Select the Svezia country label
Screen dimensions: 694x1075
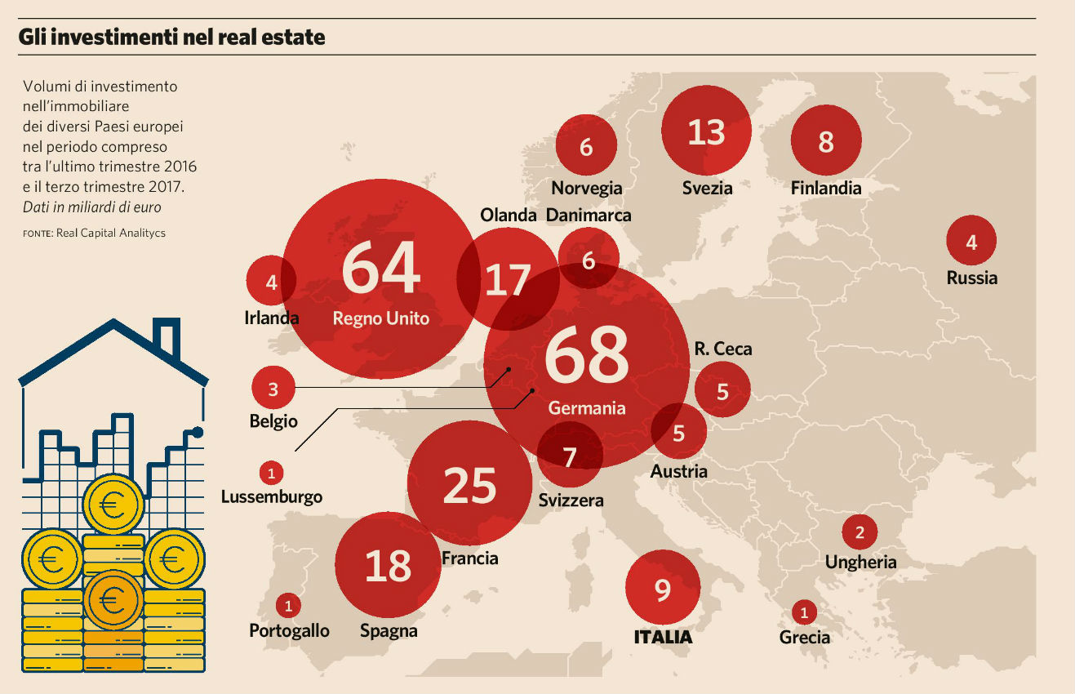click(707, 188)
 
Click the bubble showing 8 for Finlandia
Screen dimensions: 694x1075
click(825, 141)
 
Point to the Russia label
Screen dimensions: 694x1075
click(971, 278)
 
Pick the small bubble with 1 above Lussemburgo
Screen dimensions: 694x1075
click(271, 472)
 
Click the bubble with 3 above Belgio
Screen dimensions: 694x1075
click(273, 389)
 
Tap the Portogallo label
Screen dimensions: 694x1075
click(289, 630)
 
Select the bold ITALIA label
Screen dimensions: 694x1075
click(663, 637)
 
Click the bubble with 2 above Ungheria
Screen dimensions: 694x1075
click(859, 533)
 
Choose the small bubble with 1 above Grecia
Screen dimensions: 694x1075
click(804, 612)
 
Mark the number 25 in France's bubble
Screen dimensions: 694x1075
click(469, 486)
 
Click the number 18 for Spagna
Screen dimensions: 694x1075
click(388, 566)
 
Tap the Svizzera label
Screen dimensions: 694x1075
click(571, 500)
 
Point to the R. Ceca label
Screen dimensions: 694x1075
click(722, 349)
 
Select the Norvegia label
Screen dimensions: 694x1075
click(586, 188)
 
